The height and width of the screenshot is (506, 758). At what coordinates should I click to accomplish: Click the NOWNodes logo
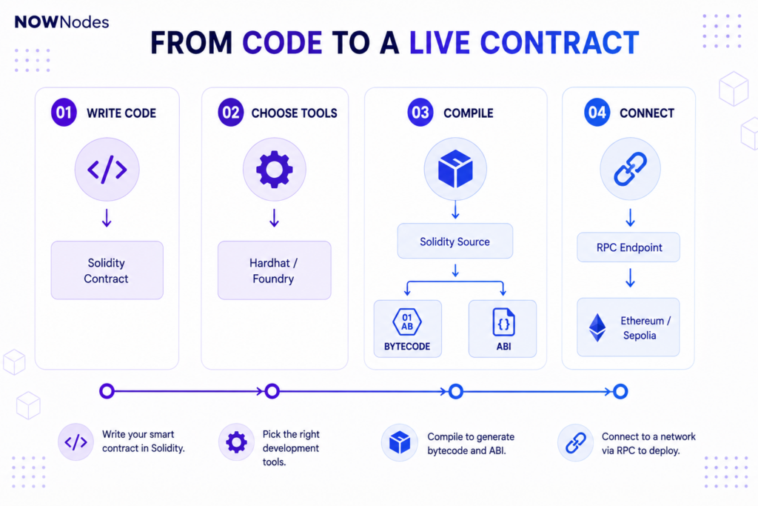coord(62,21)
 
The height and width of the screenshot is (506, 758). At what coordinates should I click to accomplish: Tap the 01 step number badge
coord(64,113)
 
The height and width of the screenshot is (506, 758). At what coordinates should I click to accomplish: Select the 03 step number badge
coord(420,113)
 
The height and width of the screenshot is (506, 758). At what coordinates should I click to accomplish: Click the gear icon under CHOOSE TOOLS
coord(274,170)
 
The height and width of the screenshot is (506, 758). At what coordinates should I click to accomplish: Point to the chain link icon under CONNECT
coord(630,169)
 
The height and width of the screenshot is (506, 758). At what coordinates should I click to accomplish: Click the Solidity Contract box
coord(107,270)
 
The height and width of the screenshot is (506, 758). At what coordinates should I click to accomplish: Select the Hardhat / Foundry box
coord(274,270)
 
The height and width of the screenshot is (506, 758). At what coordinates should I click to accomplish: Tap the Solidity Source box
coord(455,241)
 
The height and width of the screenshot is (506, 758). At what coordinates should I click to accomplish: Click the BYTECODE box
coord(408,328)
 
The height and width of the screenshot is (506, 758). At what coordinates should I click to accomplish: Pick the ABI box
coord(503,328)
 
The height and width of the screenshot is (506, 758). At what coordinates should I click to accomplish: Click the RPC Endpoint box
coord(628,247)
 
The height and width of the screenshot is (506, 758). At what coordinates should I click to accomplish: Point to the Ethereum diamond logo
coord(597,327)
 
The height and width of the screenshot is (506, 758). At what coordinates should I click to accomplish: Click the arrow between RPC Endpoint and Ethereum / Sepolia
coord(630,278)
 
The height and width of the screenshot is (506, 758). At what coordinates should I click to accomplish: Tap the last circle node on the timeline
coord(620,391)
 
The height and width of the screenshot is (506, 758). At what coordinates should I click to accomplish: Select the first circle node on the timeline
coord(107,391)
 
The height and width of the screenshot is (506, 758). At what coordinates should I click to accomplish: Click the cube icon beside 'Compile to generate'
coord(399,442)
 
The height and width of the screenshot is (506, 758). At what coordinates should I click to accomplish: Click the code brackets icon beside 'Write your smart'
coord(76,442)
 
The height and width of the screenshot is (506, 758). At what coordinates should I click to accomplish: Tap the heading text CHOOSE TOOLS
coord(294,113)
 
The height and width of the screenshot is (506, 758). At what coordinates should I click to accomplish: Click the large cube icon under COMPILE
coord(455,169)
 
